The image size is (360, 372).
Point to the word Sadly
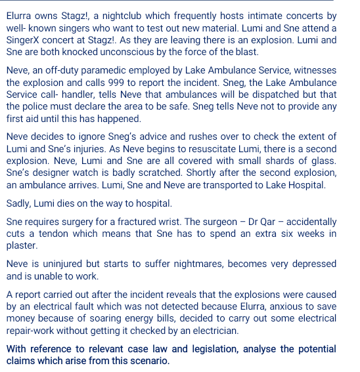tap(18, 203)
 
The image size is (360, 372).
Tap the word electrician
tap(211, 331)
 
